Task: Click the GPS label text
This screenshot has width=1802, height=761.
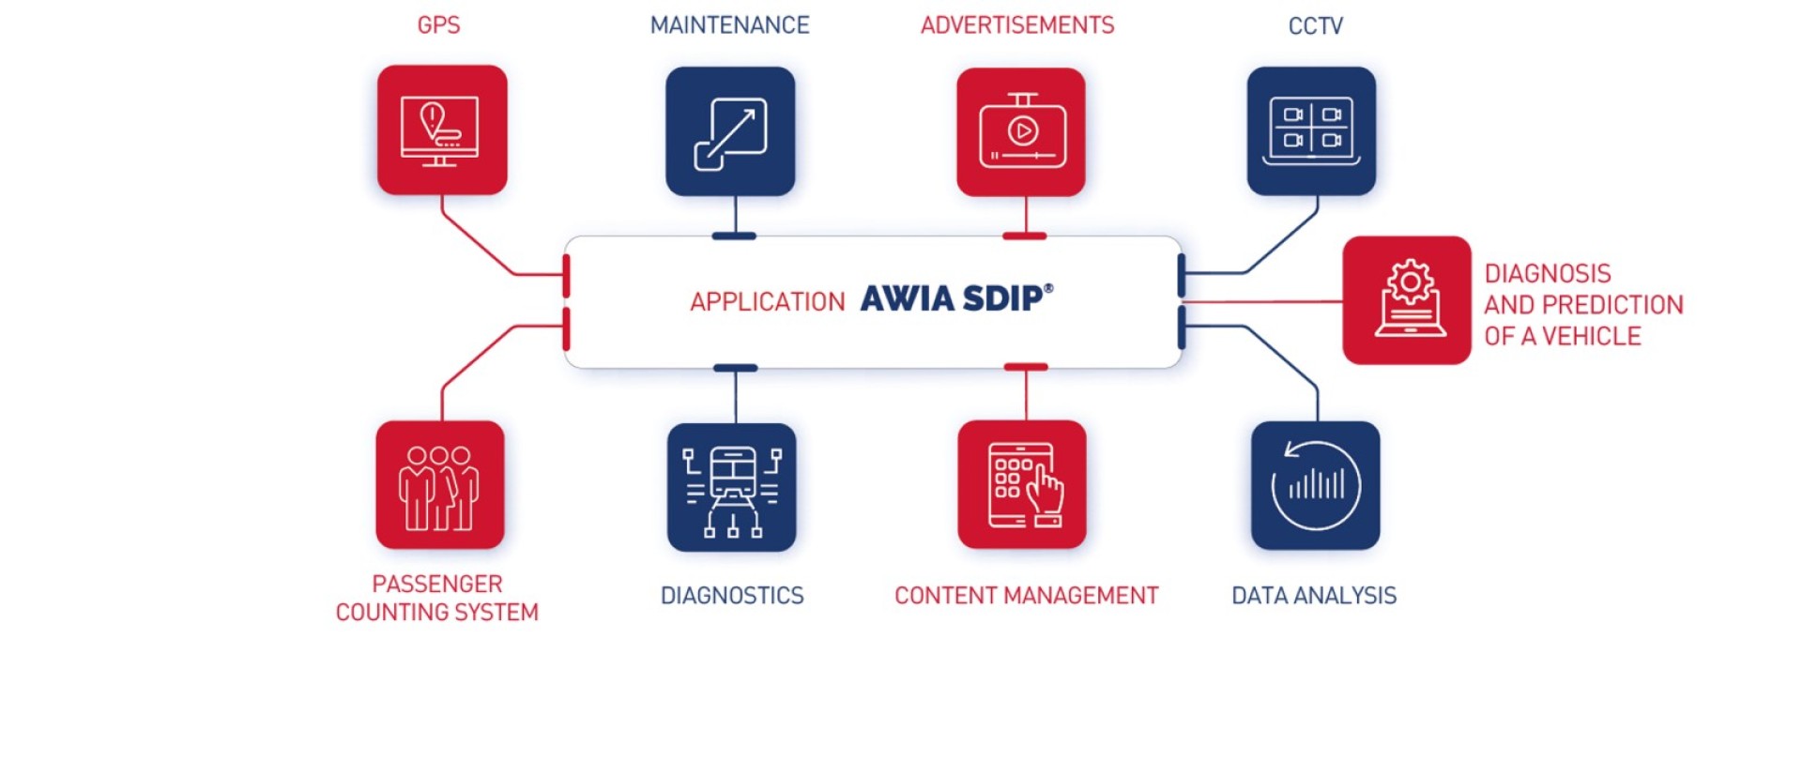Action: pos(438,25)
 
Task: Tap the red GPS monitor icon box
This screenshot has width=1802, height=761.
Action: pos(442,129)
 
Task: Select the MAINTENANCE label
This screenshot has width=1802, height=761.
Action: pos(729,25)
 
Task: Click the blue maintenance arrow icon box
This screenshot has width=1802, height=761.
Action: pos(730,131)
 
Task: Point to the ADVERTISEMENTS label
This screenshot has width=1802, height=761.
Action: pos(1017,25)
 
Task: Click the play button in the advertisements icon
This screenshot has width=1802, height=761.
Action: pos(1023,130)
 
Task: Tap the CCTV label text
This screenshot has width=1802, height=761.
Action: pos(1315,26)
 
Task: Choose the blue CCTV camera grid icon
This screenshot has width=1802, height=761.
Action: pos(1311,131)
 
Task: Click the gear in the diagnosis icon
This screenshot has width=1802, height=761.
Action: pos(1410,282)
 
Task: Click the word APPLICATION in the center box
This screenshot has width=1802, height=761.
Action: pos(768,302)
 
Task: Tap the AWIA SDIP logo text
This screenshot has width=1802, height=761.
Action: pos(956,298)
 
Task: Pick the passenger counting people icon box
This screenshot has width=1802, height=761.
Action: pos(440,485)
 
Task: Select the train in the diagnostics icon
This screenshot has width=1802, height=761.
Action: pos(733,474)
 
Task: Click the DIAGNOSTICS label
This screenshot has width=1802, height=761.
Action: pos(732,596)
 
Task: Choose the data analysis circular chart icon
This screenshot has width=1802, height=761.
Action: pos(1316,486)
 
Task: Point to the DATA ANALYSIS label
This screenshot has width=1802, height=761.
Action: pos(1314,596)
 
